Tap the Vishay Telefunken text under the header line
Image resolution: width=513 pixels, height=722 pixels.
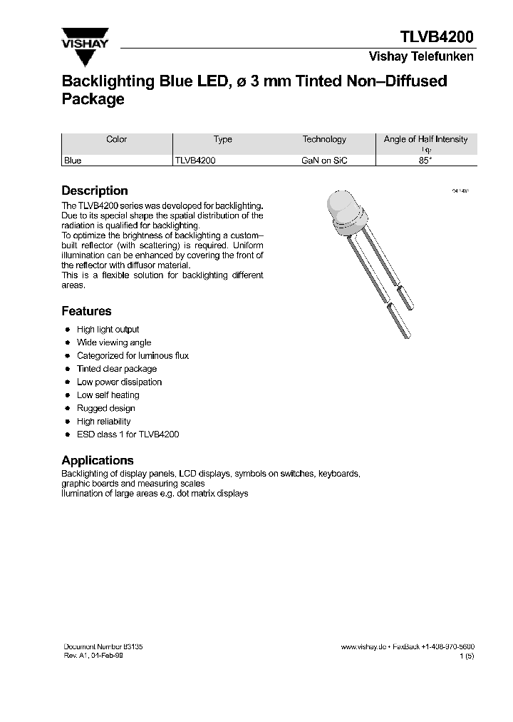(x=420, y=57)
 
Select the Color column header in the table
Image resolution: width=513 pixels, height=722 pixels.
(x=117, y=140)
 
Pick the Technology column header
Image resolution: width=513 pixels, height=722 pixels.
(x=324, y=140)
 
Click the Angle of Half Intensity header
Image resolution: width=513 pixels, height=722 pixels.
(x=425, y=140)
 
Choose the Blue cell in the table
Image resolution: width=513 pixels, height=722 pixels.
(x=73, y=161)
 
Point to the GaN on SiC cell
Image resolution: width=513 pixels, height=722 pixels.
(x=324, y=161)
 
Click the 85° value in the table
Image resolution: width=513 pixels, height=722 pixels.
(x=425, y=161)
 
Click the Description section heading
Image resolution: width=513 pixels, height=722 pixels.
(x=95, y=190)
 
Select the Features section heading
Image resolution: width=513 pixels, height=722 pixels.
(x=86, y=311)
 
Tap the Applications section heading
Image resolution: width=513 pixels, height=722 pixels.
(x=98, y=460)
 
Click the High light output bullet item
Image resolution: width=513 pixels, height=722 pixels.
(x=108, y=330)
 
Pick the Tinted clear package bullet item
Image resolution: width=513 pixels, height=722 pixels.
(x=117, y=369)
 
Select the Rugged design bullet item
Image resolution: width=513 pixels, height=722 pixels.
(x=105, y=408)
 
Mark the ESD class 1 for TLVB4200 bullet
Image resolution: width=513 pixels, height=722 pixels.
(x=128, y=434)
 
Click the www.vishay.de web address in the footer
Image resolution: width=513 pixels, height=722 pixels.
(x=363, y=646)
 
